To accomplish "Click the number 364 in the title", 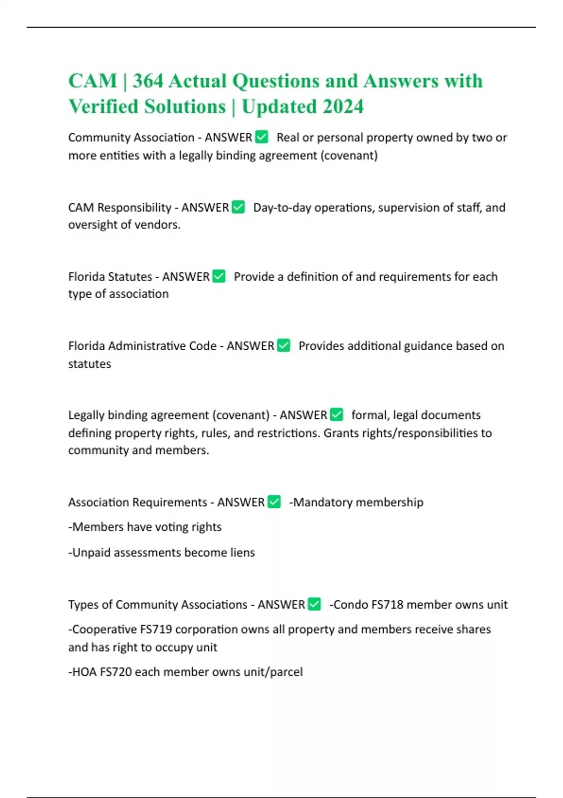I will pos(148,81).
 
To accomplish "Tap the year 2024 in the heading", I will pos(342,107).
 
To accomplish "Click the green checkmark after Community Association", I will pos(261,137).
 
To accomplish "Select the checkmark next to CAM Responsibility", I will pos(238,207).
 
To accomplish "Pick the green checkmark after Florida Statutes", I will pos(219,276).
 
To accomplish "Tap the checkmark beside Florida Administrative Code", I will pos(283,345).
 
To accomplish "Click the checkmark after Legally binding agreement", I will pos(336,414).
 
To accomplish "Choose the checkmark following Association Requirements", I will pos(274,502).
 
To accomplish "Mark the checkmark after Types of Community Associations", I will pos(314,604).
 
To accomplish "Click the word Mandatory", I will pos(320,502).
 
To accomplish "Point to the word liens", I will pos(242,552).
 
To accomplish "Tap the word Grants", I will pos(341,433).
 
